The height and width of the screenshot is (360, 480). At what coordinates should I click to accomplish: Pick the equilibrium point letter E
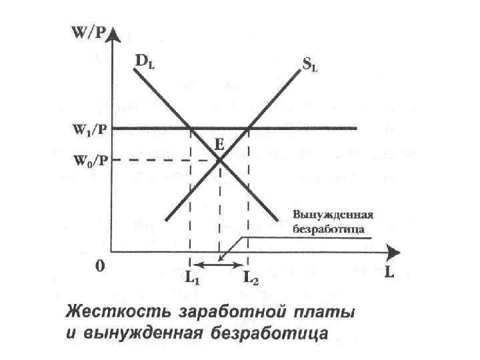219,143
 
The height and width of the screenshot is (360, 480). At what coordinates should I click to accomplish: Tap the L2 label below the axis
251,280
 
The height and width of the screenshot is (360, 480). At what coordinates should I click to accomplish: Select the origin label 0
99,267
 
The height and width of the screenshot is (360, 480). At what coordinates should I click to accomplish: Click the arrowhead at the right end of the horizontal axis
393,253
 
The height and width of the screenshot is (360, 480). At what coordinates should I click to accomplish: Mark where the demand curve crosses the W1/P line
191,128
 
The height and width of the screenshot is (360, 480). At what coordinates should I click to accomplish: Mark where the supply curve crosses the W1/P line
249,128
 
